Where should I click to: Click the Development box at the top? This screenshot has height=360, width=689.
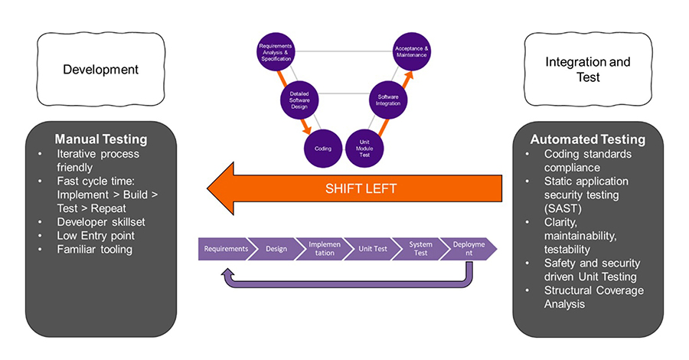click(100, 69)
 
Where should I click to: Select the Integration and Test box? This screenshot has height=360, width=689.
click(588, 70)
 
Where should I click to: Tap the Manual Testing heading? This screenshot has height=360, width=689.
click(101, 139)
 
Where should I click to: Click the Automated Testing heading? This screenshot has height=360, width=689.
click(588, 139)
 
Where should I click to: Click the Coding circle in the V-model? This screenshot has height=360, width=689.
click(323, 149)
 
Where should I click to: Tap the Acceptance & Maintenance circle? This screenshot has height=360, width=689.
click(412, 51)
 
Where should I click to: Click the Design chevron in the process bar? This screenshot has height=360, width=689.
click(276, 249)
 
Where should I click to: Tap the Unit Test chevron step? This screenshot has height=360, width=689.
click(373, 249)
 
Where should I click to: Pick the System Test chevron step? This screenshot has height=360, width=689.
click(420, 249)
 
